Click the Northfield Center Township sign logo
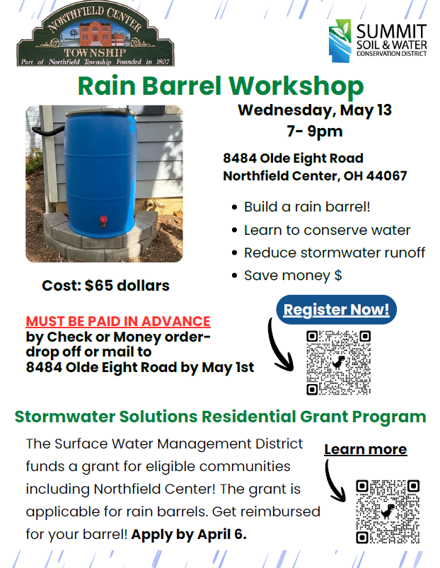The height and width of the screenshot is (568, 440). (x=95, y=35)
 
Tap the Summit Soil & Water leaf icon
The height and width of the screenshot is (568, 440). (x=340, y=40)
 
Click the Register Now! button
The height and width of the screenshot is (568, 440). (x=337, y=309)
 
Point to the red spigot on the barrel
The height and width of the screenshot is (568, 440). (x=103, y=221)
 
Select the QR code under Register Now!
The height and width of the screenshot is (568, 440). (x=339, y=362)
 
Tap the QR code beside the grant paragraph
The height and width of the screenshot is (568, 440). (x=388, y=511)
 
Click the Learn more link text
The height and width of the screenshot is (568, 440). (x=366, y=449)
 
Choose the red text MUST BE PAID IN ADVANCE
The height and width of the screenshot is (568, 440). (x=118, y=321)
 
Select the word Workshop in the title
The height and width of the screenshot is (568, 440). (x=296, y=86)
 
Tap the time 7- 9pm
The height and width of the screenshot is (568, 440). (x=315, y=131)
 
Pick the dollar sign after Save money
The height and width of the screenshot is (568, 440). (x=338, y=276)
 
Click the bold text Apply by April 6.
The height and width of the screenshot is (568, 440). (x=189, y=534)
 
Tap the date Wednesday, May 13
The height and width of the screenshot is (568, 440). (x=315, y=110)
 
